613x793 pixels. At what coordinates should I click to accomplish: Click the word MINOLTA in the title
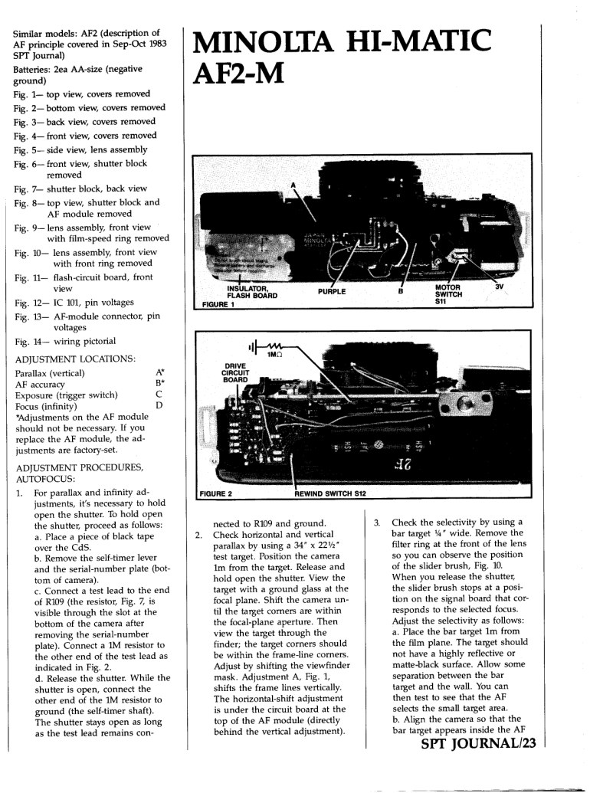point(263,41)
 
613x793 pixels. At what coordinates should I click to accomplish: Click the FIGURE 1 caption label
point(218,304)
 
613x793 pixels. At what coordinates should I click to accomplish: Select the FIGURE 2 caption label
point(216,493)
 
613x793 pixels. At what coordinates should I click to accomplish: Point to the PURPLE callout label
point(332,291)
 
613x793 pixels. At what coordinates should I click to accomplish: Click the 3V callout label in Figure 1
point(499,287)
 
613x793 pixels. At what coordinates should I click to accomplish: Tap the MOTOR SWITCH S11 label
point(448,294)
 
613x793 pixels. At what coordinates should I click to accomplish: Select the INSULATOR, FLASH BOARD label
point(252,292)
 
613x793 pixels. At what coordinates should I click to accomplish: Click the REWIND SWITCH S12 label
point(329,493)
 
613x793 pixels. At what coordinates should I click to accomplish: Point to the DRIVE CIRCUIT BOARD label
point(236,372)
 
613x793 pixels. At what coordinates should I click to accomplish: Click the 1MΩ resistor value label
point(274,355)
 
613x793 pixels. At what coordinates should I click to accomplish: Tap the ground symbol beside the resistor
point(253,347)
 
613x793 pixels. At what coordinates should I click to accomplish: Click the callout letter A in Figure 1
point(293,185)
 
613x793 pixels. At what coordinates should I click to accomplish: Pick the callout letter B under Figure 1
point(401,291)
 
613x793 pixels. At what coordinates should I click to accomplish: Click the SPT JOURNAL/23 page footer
point(478,743)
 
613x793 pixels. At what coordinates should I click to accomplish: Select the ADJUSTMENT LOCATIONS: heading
point(75,359)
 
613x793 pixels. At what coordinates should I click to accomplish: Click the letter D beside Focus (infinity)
point(159,405)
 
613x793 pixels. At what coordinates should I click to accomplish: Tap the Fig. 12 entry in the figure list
point(74,303)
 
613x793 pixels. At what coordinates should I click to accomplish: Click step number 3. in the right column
point(377,523)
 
